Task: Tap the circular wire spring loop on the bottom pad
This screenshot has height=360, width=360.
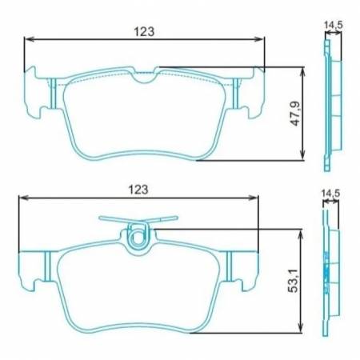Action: coord(138,236)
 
